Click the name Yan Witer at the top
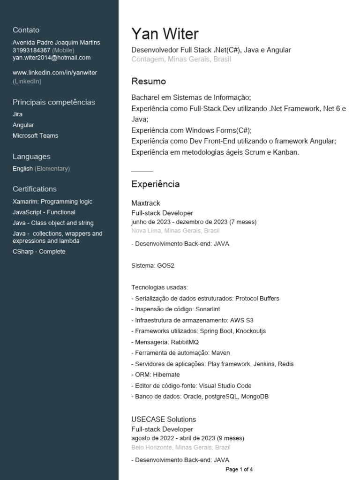(x=165, y=34)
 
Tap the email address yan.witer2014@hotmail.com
(x=52, y=58)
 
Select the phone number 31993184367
(x=31, y=50)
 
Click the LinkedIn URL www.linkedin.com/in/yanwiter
(x=55, y=73)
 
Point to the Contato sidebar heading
(x=26, y=30)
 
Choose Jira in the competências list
(x=18, y=114)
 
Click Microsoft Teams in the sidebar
(x=36, y=135)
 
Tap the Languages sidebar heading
(x=31, y=157)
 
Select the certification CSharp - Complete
(x=39, y=251)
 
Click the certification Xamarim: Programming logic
(x=52, y=202)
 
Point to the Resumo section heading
(x=149, y=82)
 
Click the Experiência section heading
(x=155, y=184)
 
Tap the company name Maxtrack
(x=146, y=203)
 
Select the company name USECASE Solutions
(x=164, y=419)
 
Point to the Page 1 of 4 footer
(x=239, y=469)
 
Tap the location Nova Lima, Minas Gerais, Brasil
(x=175, y=231)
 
